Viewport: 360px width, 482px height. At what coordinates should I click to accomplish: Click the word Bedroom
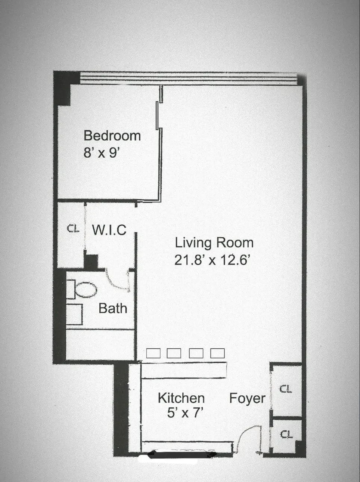click(x=112, y=136)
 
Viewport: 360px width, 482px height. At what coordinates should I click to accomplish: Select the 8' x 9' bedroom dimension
click(x=101, y=152)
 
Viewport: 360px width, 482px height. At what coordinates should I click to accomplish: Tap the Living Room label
click(x=214, y=243)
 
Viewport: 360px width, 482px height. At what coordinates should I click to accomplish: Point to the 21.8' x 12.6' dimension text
click(x=212, y=260)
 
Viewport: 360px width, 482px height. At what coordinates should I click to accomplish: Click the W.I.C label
click(x=109, y=230)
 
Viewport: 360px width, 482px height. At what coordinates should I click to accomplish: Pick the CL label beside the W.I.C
click(x=73, y=228)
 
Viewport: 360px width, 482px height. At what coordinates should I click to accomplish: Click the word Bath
click(x=113, y=308)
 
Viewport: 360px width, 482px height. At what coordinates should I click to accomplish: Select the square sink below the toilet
click(x=74, y=314)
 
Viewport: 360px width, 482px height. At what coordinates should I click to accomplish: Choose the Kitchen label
click(x=181, y=398)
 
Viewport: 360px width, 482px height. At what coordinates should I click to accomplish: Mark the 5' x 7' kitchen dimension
click(x=185, y=413)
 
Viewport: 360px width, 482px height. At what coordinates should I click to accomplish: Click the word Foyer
click(x=247, y=398)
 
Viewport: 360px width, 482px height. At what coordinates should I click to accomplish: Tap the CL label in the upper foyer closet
click(x=286, y=389)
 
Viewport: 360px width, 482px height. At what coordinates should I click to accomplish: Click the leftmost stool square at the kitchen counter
click(x=153, y=353)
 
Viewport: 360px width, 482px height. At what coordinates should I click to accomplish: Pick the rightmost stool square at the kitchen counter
click(x=217, y=353)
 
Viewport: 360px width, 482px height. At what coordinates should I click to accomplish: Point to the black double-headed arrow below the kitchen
click(x=183, y=455)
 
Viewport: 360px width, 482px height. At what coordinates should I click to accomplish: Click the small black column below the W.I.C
click(x=90, y=262)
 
